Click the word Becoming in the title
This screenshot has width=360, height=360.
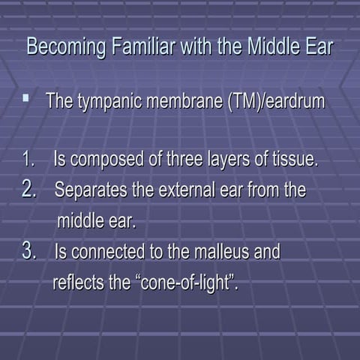[62, 46]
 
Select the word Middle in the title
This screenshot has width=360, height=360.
[264, 46]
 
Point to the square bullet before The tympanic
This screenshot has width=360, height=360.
[26, 97]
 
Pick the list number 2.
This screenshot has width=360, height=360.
[29, 189]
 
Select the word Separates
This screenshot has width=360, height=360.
[91, 190]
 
